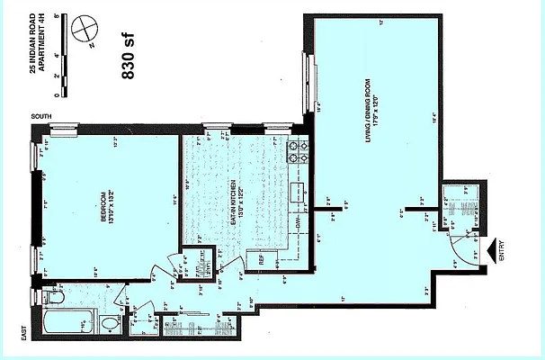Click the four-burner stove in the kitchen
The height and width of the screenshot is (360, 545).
[x=297, y=153]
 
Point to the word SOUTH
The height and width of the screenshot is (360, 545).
[x=40, y=117]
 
